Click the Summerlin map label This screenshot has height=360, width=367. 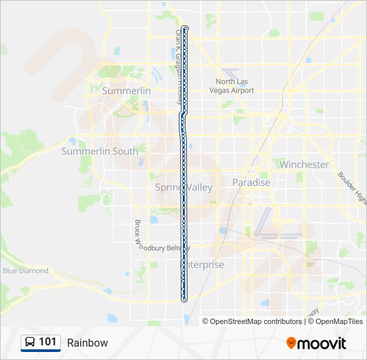pos(126,91)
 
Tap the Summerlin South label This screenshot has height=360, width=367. pos(99,151)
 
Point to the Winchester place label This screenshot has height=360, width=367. pos(304,165)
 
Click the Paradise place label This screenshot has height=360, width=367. pos(251,183)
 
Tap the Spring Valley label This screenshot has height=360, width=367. pos(183,187)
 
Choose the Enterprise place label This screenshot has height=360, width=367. pos(203,265)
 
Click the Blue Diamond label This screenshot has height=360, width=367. pos(25,271)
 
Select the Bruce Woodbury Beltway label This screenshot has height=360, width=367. pos(164,247)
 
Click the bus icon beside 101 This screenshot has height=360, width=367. pos(29,343)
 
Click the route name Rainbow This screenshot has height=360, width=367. pos(87,343)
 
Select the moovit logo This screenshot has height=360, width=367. pos(316,343)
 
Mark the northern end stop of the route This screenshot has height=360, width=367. pos(185,28)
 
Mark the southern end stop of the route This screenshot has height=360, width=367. pos(184,299)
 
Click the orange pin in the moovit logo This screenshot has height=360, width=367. pos(291,343)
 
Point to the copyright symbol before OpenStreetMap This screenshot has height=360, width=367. pos(206,321)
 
